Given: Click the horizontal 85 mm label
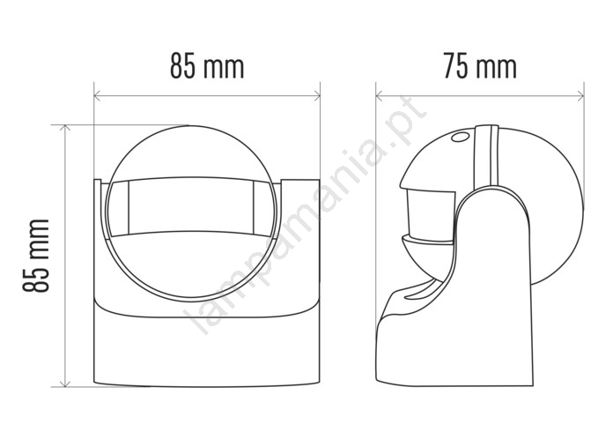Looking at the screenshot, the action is [x=207, y=67].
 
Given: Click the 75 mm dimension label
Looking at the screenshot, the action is [x=480, y=67].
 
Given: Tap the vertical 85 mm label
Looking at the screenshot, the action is [x=35, y=256].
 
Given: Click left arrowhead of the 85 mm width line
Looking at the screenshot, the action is [x=98, y=95].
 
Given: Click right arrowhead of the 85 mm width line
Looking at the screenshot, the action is [x=317, y=95].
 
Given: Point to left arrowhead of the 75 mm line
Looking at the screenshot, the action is [x=380, y=95].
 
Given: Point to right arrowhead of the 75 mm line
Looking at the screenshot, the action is [x=580, y=95].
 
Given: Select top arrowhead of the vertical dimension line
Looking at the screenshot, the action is [x=65, y=128].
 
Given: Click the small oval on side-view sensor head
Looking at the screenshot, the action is [x=460, y=138].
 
